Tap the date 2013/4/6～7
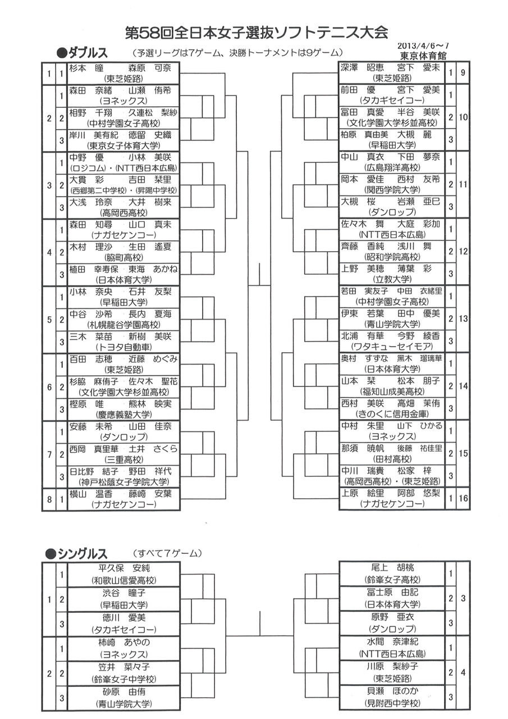(424, 46)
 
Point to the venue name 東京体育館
(424, 56)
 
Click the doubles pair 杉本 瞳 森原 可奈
(123, 67)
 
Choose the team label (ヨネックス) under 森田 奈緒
(123, 100)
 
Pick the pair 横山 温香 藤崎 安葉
(123, 494)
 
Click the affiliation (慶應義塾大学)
(123, 415)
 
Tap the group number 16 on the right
(464, 500)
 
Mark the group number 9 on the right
(464, 73)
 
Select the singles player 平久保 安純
(123, 568)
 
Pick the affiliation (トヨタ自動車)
(123, 347)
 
